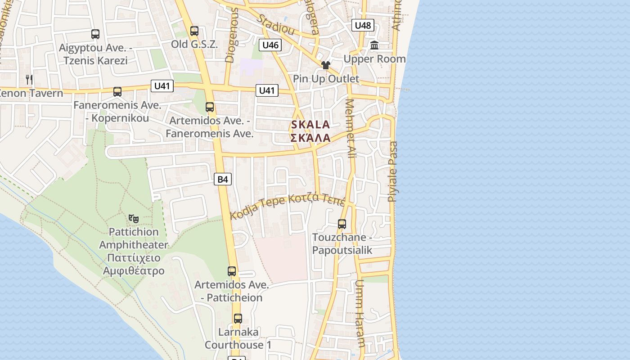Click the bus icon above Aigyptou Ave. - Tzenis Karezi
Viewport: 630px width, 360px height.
[95, 34]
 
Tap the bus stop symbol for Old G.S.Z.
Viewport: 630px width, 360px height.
[194, 31]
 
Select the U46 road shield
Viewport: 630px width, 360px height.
[270, 45]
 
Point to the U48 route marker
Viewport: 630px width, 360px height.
[363, 25]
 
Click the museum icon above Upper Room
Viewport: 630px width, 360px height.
[374, 45]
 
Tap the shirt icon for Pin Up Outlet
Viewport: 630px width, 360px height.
[326, 65]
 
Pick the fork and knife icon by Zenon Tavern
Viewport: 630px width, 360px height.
[29, 80]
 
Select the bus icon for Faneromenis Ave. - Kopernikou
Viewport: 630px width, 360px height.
[117, 92]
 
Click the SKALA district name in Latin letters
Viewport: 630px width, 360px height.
[310, 125]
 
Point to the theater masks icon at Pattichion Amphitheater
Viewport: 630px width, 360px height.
[133, 219]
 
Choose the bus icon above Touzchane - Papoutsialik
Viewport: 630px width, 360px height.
[342, 224]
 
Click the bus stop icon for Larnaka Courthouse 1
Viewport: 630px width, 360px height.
[238, 319]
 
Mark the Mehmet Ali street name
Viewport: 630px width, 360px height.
[350, 128]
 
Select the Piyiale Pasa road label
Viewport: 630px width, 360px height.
[393, 171]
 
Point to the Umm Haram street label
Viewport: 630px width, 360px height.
[360, 313]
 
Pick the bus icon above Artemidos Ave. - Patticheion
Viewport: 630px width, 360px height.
[232, 271]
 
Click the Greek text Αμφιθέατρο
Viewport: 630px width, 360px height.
[134, 271]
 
